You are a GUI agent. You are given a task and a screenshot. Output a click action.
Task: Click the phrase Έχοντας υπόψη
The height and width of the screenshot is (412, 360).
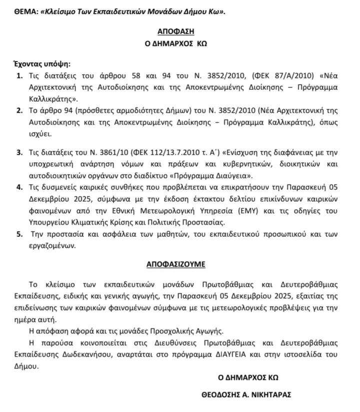coord(40,64)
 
